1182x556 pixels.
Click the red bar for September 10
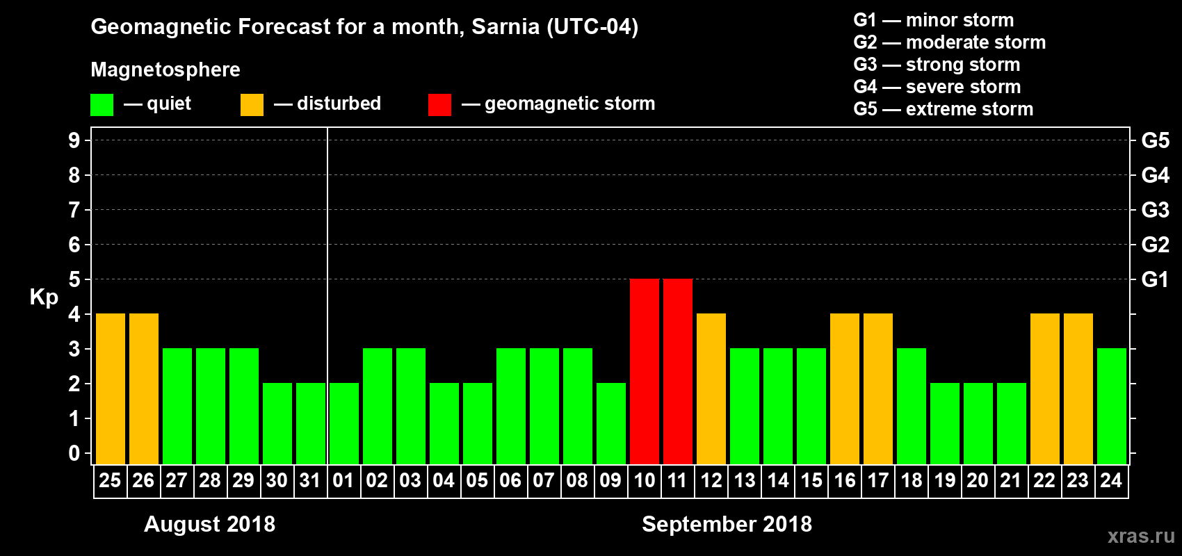click(x=645, y=371)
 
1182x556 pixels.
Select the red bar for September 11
click(x=678, y=371)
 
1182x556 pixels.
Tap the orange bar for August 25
click(x=111, y=389)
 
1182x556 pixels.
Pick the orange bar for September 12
click(x=711, y=389)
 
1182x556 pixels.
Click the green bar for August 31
click(x=311, y=423)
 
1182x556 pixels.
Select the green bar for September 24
click(x=1112, y=406)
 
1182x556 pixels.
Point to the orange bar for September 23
click(x=1078, y=389)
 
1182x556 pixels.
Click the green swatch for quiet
click(x=102, y=105)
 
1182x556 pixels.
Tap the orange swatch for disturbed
click(x=252, y=105)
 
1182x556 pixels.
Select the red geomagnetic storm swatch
click(x=439, y=105)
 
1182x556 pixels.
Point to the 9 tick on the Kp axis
click(x=74, y=140)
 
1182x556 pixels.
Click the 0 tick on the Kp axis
click(x=74, y=453)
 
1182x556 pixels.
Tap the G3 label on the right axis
click(x=1155, y=210)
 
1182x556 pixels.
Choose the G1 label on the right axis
click(x=1155, y=279)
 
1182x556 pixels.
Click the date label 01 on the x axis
click(x=343, y=480)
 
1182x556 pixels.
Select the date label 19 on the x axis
click(x=944, y=480)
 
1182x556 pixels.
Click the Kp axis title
click(x=44, y=297)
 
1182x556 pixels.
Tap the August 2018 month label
click(x=209, y=524)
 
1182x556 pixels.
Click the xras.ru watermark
click(x=1141, y=536)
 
